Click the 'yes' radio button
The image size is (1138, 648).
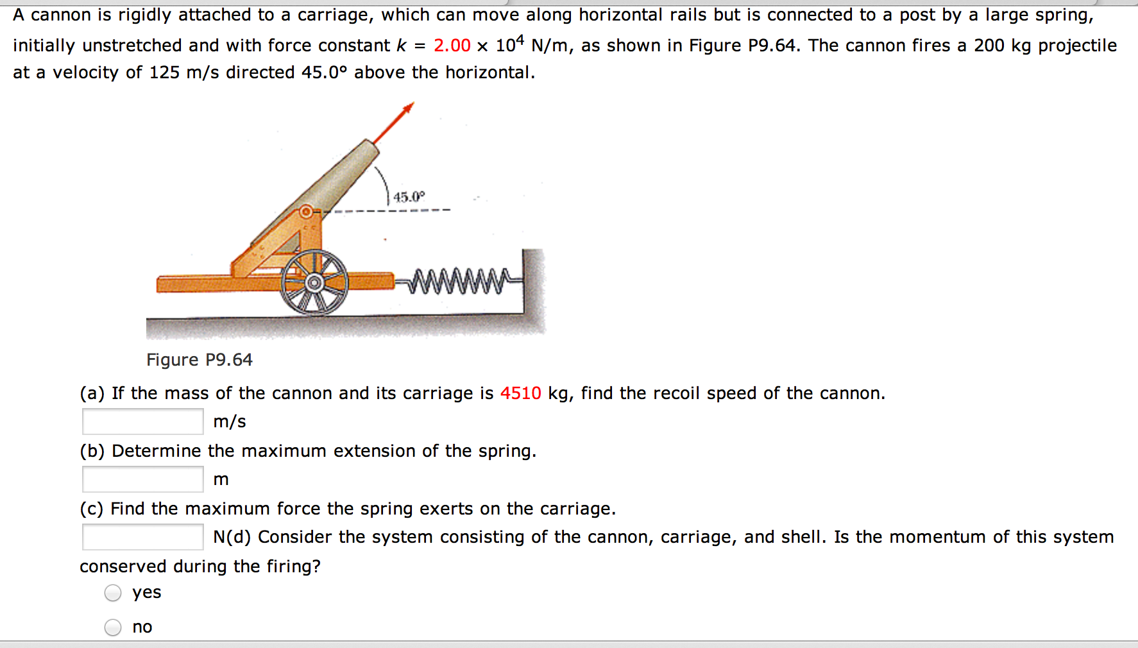[113, 593]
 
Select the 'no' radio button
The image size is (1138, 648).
[113, 627]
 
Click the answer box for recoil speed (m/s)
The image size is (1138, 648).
[142, 422]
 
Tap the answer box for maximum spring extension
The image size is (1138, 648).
[142, 479]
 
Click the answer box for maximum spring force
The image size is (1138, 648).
[142, 537]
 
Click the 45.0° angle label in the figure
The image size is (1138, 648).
[409, 197]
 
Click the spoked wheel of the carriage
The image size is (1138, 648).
[314, 282]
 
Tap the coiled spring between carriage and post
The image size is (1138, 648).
[458, 280]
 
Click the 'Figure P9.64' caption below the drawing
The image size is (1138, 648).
[200, 360]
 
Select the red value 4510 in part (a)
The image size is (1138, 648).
[520, 393]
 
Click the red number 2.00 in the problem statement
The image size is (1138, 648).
[452, 46]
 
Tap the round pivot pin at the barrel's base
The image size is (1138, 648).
[307, 211]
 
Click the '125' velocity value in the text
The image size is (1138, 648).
[164, 72]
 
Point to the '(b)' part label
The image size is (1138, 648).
[92, 451]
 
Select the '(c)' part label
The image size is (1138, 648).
[92, 509]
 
